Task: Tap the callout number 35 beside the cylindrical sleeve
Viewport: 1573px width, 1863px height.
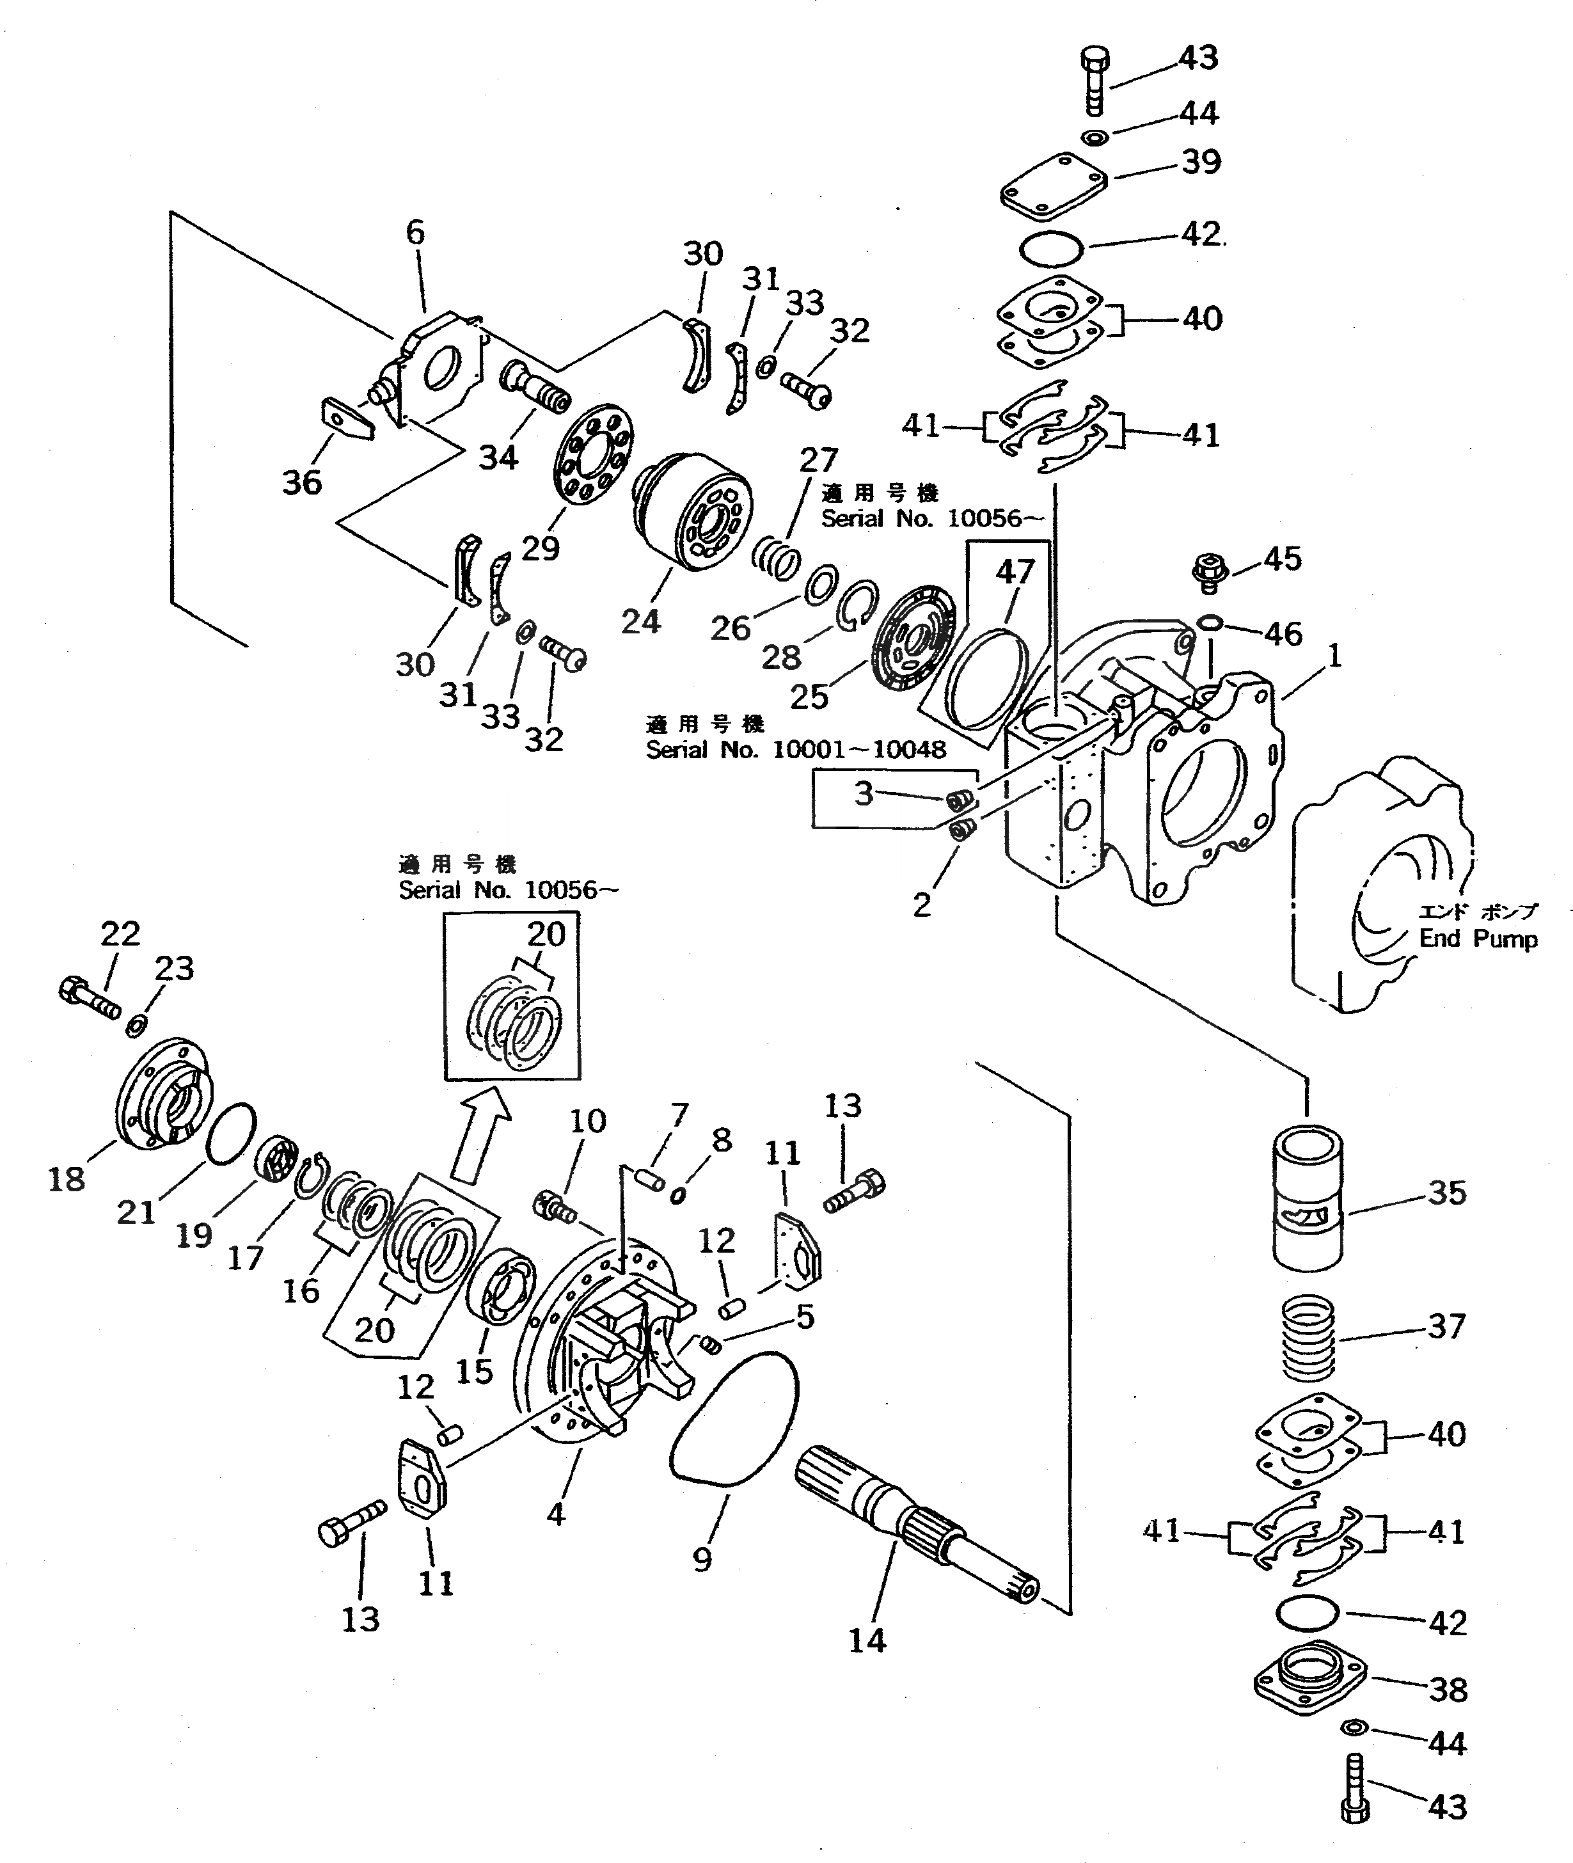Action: click(x=1446, y=1193)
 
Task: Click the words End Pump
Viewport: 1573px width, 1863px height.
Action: click(x=1478, y=939)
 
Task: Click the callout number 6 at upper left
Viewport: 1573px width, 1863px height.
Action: click(x=416, y=233)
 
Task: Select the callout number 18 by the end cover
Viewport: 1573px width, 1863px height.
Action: click(x=66, y=1179)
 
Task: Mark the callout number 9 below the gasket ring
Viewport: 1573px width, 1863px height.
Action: click(x=702, y=1559)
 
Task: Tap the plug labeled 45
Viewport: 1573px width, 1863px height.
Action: click(x=1209, y=570)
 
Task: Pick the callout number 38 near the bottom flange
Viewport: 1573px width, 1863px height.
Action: click(x=1447, y=1689)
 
